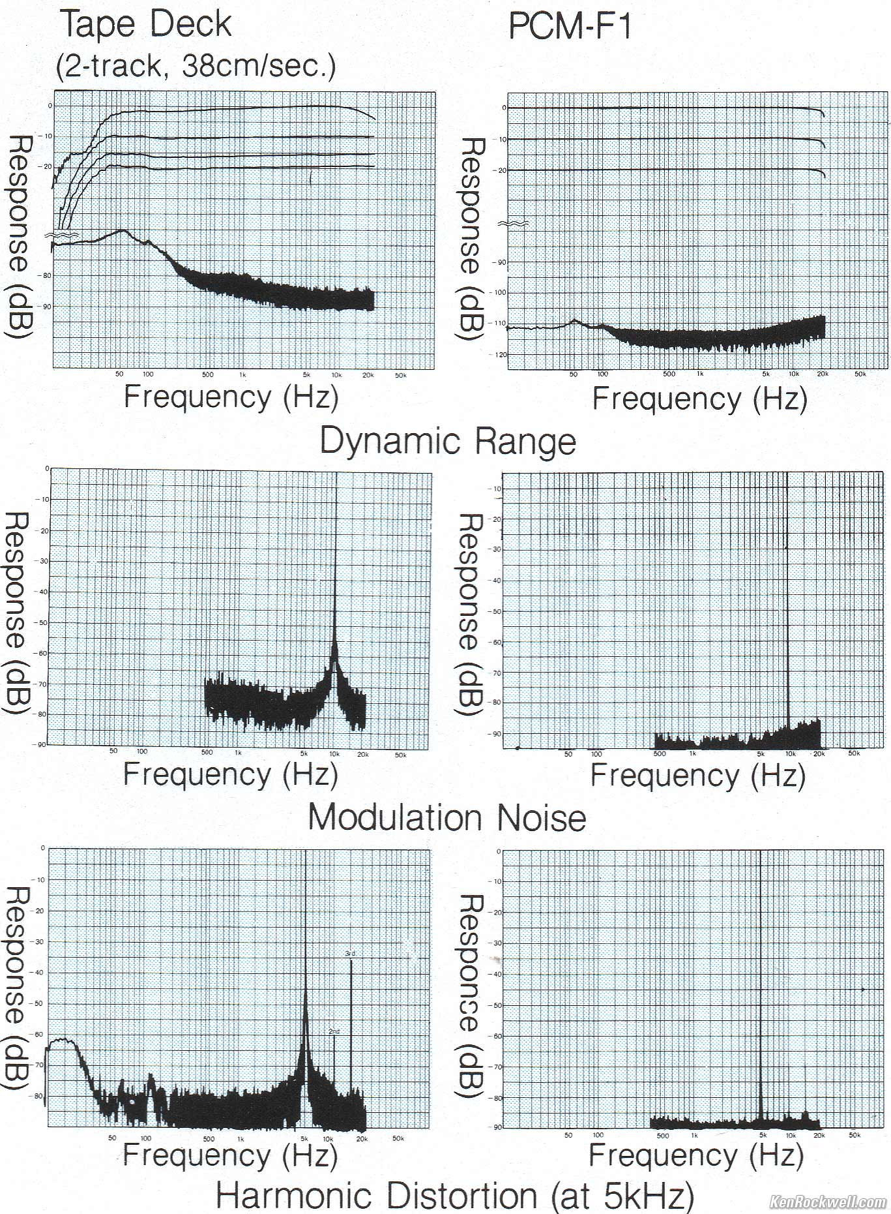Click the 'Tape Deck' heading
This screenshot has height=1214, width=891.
point(146,25)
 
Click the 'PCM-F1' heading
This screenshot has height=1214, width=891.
point(570,27)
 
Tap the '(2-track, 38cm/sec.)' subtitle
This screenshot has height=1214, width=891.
point(196,66)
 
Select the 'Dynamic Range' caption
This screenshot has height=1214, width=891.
point(448,441)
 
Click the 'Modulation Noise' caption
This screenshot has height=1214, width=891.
point(446,817)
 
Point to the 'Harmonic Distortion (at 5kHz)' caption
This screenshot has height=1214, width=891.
point(454,1196)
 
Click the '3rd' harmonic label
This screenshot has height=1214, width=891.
point(350,954)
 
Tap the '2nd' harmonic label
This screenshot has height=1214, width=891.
point(334,1031)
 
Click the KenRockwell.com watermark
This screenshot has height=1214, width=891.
point(827,1202)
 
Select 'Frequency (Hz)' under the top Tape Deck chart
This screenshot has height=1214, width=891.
point(231,397)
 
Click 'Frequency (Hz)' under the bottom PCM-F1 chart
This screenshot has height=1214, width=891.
point(696,1156)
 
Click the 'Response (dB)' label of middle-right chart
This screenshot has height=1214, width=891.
point(471,615)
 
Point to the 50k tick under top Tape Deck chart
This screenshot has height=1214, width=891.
point(400,375)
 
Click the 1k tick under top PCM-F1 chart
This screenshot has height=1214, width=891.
point(699,374)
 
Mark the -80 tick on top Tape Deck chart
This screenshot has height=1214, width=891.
point(46,275)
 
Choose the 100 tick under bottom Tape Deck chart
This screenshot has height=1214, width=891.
point(145,1138)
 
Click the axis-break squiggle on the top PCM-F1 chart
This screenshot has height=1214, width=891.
point(512,224)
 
